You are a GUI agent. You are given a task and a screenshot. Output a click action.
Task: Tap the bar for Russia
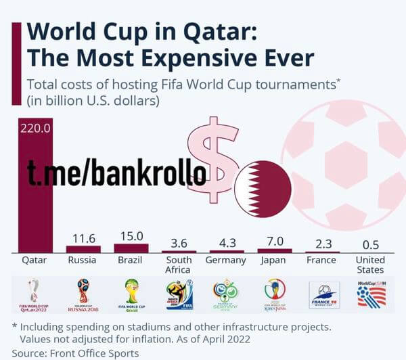(x=83, y=249)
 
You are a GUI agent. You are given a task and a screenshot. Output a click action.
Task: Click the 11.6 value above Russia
(x=83, y=238)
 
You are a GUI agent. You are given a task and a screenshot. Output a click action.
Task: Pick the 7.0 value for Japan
(x=275, y=241)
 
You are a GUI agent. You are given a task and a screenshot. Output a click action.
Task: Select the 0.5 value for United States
(x=371, y=244)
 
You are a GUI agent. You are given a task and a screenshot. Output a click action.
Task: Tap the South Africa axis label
(x=178, y=265)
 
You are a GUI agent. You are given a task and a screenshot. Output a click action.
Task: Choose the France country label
(x=321, y=260)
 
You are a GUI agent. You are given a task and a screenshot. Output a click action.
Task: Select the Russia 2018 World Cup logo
(x=83, y=294)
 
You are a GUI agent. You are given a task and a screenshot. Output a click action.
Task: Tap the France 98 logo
(x=322, y=295)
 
